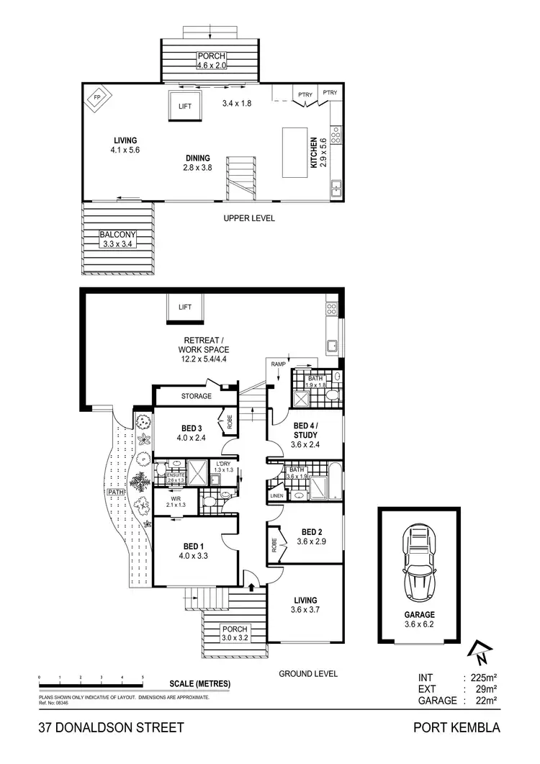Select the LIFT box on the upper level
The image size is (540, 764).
185,107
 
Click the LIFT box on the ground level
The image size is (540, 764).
185,307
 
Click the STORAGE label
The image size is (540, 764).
196,396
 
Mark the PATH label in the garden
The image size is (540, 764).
115,493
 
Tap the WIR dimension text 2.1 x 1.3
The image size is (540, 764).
175,505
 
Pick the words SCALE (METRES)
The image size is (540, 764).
199,683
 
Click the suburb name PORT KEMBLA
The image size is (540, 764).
456,727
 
